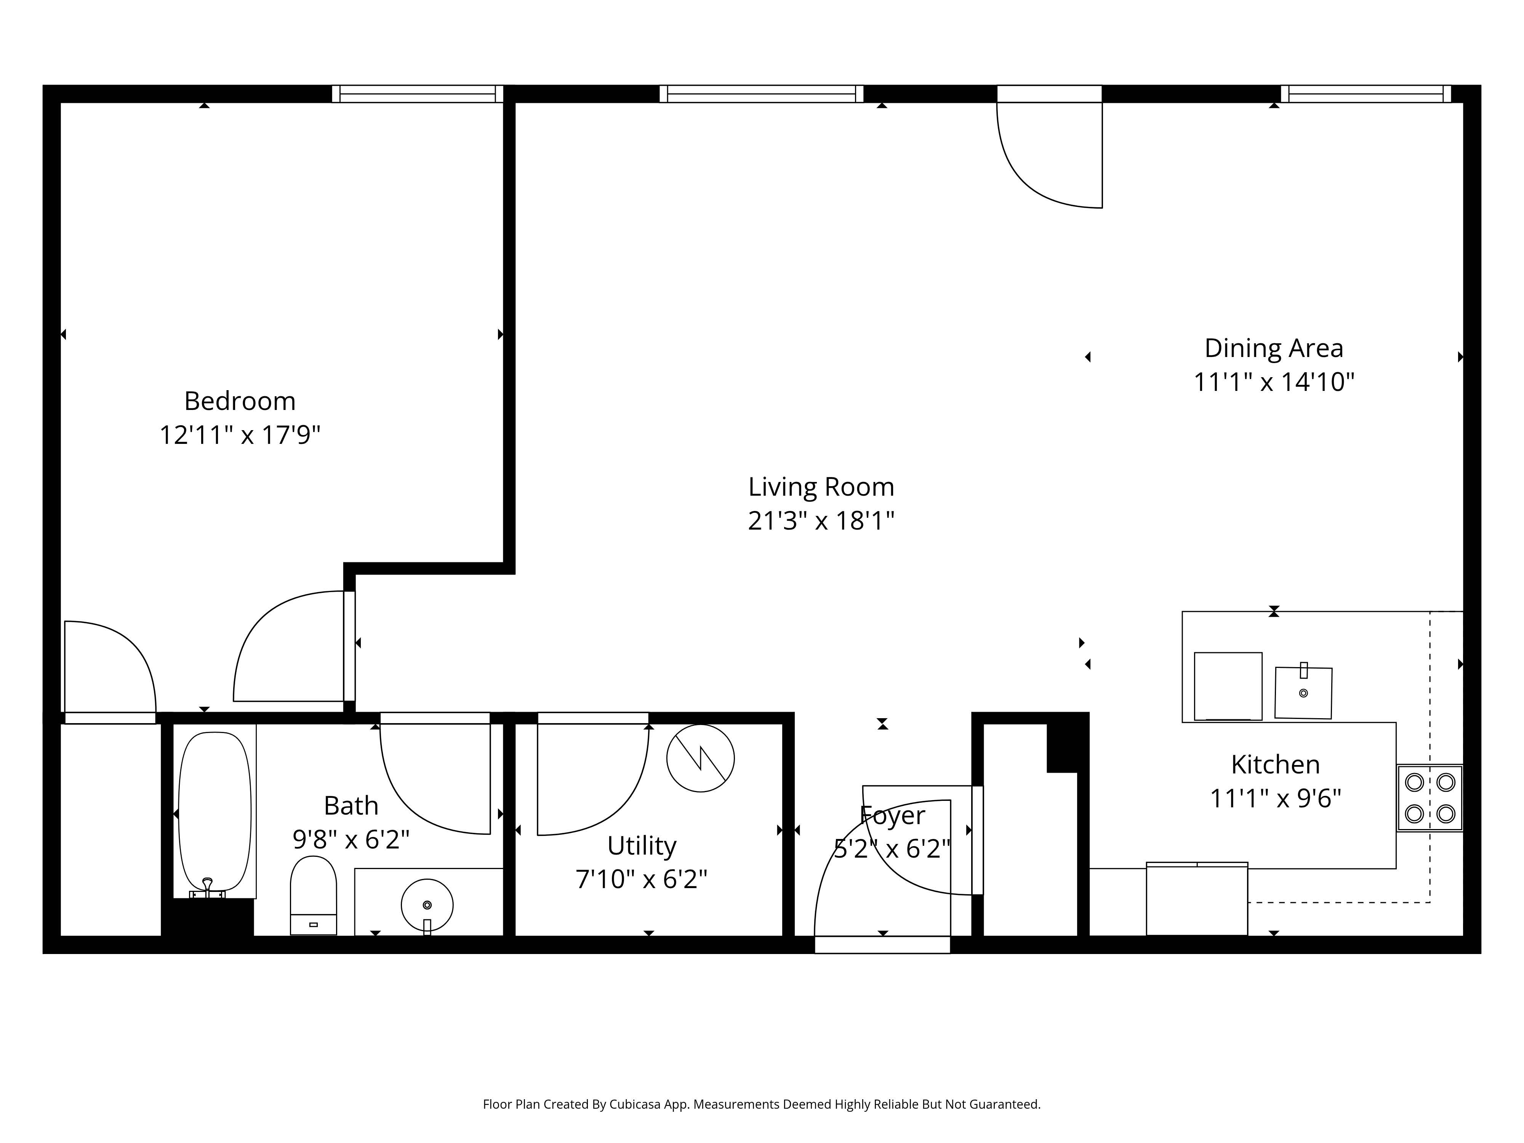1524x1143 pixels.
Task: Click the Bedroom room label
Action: tap(240, 401)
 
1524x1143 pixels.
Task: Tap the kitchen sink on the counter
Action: tap(1303, 692)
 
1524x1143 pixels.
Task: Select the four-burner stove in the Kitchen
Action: tap(1430, 798)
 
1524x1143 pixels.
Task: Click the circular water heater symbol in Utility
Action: tap(700, 758)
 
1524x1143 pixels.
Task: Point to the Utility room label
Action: tap(642, 845)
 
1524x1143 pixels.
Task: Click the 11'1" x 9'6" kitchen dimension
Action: tap(1275, 799)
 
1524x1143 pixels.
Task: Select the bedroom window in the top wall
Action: tap(418, 94)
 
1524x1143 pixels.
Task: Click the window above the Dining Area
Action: tap(1366, 94)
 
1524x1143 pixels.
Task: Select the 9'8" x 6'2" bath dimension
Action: tap(351, 840)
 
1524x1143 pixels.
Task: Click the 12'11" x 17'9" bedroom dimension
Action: tap(240, 435)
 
